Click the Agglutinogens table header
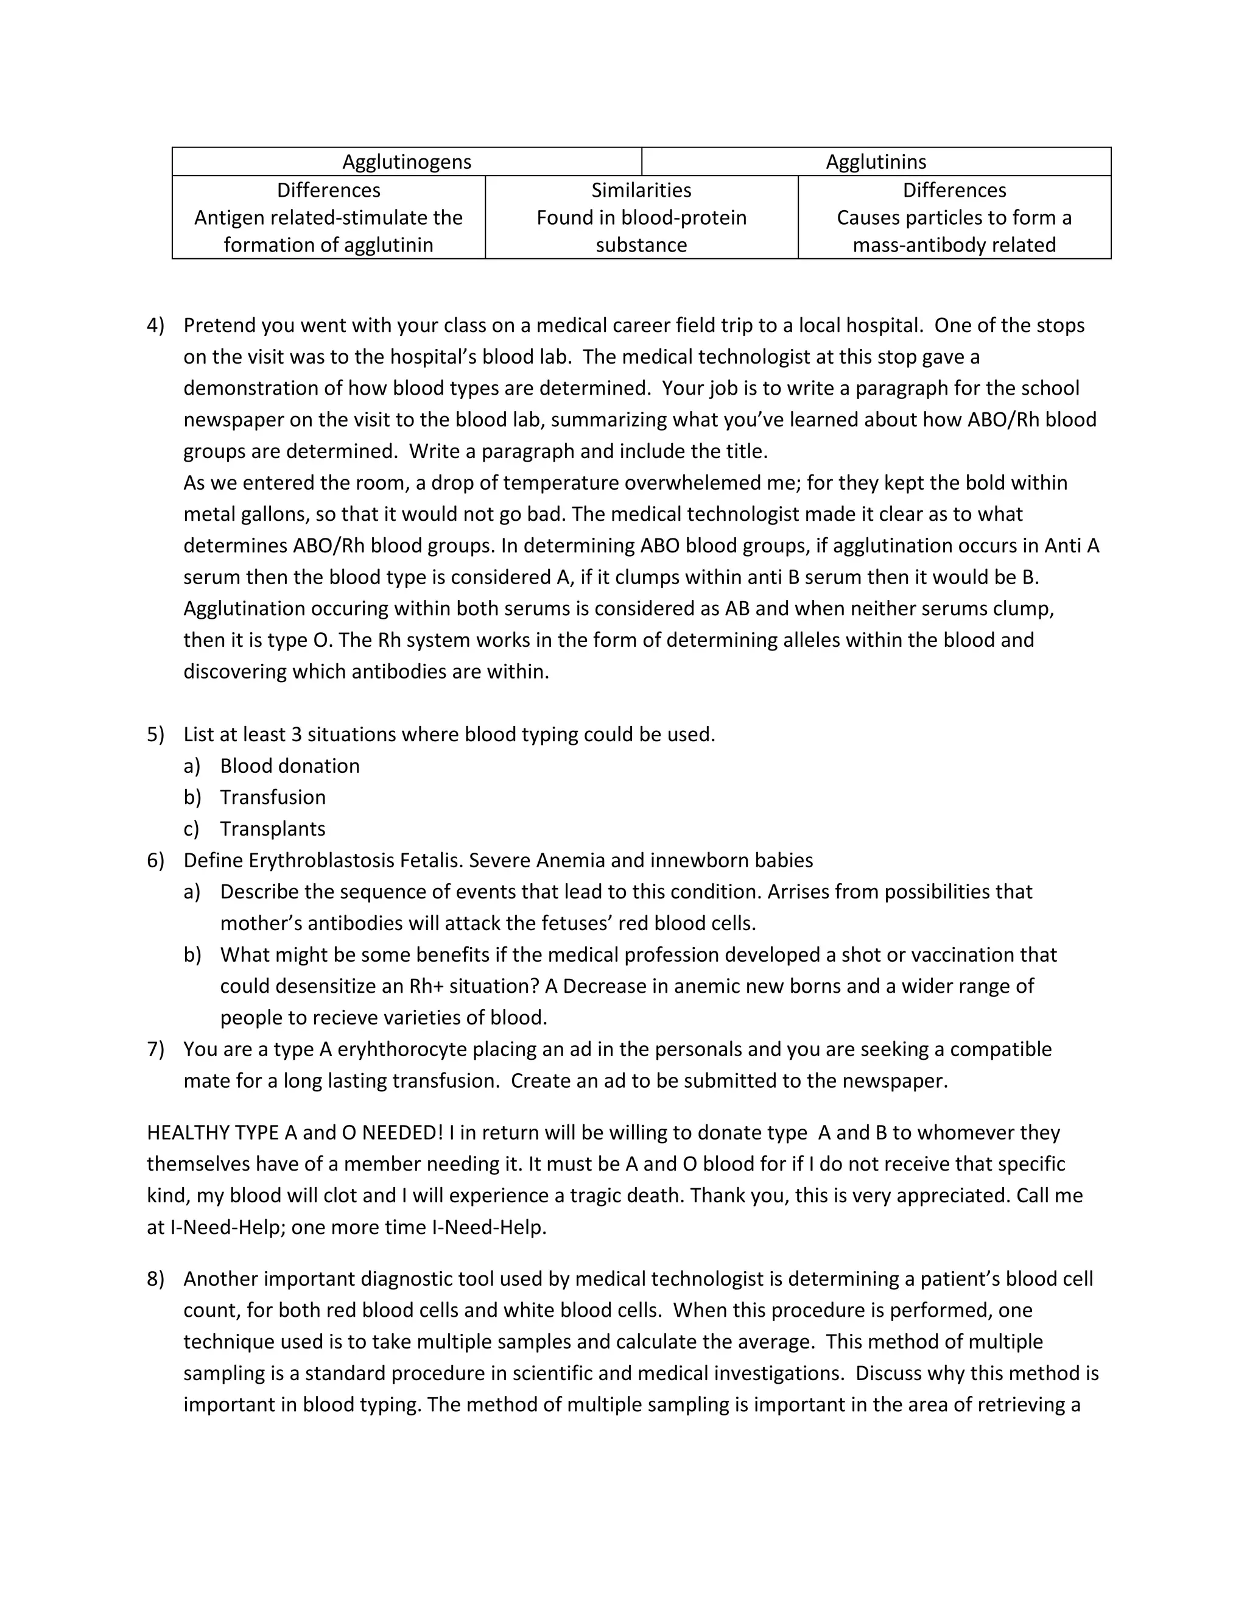tap(406, 162)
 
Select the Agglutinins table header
tap(876, 162)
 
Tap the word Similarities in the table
tap(641, 190)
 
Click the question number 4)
tap(155, 325)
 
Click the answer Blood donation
tap(290, 766)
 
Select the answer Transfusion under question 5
tap(273, 797)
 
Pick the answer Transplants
tap(273, 829)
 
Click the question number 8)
tap(155, 1279)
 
